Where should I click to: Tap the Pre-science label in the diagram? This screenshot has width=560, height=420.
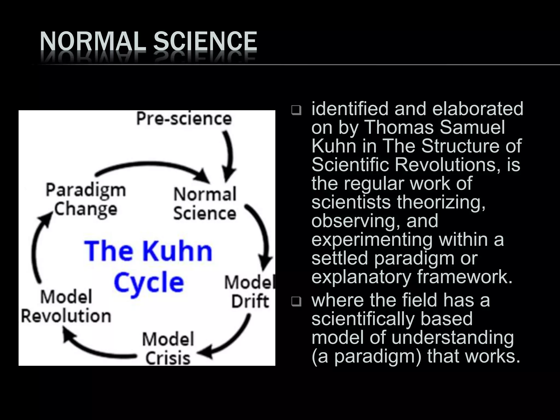(184, 119)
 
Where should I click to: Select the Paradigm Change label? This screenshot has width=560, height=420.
(86, 200)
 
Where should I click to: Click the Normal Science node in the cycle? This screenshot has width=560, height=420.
(205, 204)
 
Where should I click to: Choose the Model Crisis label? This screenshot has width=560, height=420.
(168, 348)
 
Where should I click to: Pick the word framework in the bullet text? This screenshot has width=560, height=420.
(465, 276)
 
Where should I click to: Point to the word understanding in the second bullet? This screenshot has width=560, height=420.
(453, 337)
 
